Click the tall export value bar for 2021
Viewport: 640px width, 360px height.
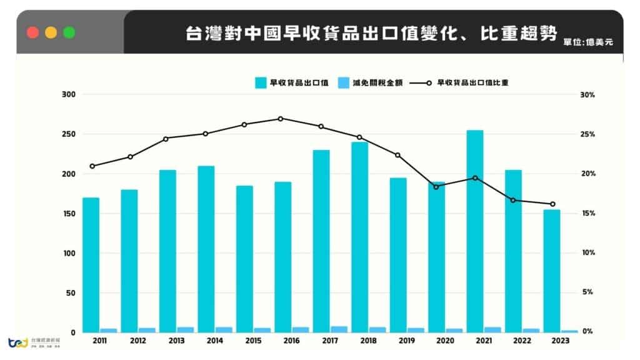coord(475,231)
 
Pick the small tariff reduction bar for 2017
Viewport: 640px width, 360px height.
coord(339,329)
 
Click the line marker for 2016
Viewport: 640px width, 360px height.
coord(281,119)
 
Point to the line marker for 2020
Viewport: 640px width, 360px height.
coord(436,187)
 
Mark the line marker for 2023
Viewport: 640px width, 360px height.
coord(552,204)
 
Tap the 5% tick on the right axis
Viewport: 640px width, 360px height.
coord(588,292)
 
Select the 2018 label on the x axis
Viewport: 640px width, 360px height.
coord(369,341)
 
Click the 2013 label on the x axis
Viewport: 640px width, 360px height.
coord(176,341)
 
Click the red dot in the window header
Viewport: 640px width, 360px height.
coord(33,32)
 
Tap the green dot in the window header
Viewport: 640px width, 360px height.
coord(69,32)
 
